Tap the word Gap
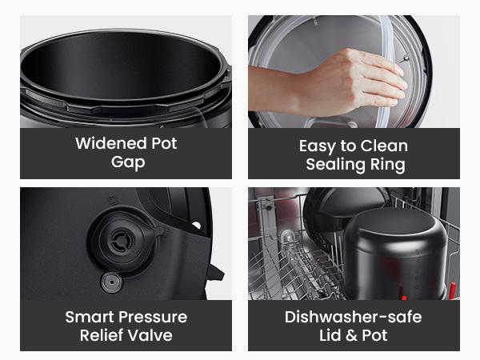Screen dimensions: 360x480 pyautogui.click(x=126, y=163)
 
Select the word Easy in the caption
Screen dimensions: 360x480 pyautogui.click(x=316, y=146)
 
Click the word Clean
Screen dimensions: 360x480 pyautogui.click(x=383, y=146)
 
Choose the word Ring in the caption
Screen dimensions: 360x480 pyautogui.click(x=387, y=165)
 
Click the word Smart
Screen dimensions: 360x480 pyautogui.click(x=90, y=317)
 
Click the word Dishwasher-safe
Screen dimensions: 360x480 pyautogui.click(x=353, y=317)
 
